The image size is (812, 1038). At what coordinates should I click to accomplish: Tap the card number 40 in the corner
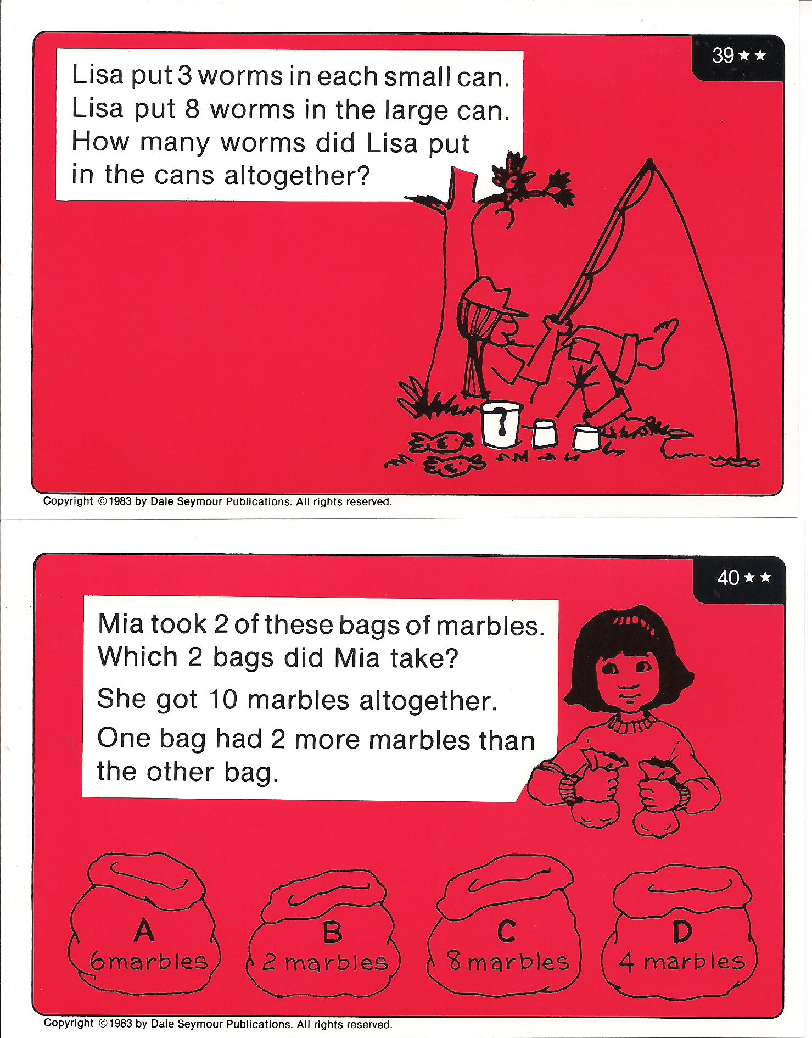click(x=728, y=578)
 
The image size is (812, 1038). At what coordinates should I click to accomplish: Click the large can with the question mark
click(x=501, y=423)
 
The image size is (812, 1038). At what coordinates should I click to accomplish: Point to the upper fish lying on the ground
click(x=443, y=442)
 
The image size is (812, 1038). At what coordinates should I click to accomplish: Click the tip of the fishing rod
click(x=651, y=160)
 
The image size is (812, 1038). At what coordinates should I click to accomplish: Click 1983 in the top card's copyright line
click(x=120, y=501)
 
